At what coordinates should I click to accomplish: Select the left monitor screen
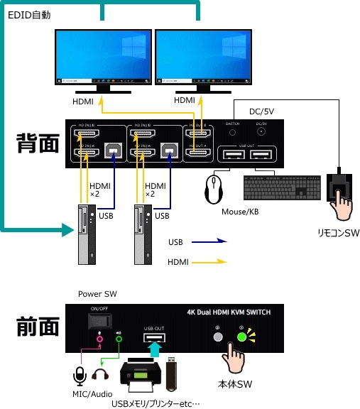point(104,55)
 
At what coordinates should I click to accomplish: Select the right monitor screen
point(202,55)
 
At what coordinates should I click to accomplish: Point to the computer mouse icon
point(213,190)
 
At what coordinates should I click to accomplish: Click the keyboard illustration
point(276,187)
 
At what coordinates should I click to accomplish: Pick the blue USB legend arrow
point(209,242)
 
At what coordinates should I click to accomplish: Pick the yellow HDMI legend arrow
point(209,262)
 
